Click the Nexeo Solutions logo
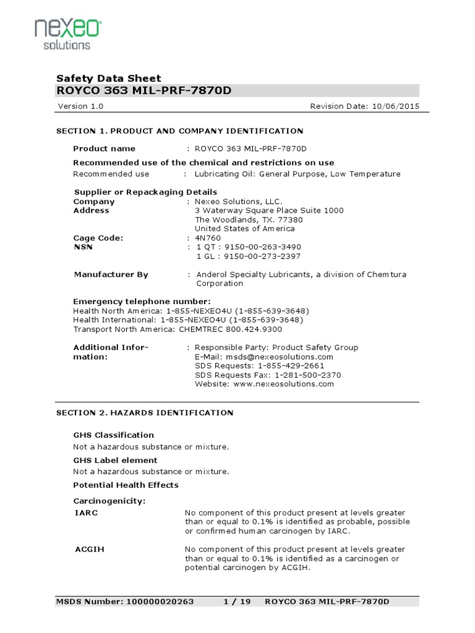click(x=67, y=34)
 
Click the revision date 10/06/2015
click(x=396, y=106)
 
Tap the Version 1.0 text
click(x=80, y=106)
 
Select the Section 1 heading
click(x=179, y=131)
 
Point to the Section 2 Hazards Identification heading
click(x=145, y=413)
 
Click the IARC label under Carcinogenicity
click(x=85, y=513)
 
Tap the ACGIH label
click(x=88, y=550)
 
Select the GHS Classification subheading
click(x=113, y=435)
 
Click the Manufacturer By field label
click(x=111, y=274)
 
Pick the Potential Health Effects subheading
click(x=126, y=485)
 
